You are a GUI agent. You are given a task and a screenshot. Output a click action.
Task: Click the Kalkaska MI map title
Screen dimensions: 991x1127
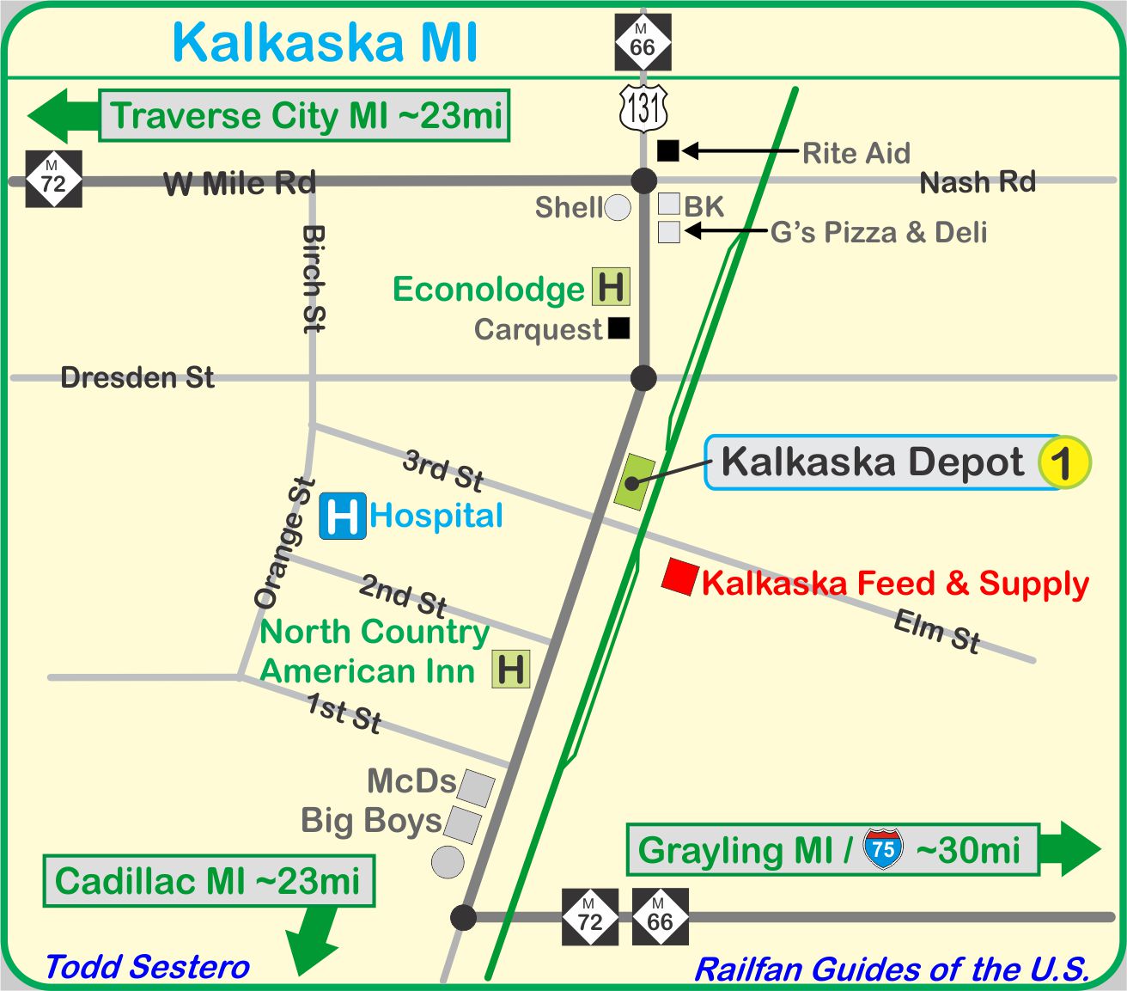coord(325,42)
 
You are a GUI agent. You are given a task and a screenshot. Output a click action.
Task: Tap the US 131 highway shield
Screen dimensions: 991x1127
coord(643,108)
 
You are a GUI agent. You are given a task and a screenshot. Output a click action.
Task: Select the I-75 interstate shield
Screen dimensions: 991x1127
coord(883,849)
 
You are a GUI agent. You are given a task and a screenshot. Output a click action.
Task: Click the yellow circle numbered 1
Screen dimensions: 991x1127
coord(1063,462)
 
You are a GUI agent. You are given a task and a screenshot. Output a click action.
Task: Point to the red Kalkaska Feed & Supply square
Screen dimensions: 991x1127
coord(679,577)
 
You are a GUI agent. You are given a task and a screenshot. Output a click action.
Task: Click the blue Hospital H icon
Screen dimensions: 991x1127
coord(343,516)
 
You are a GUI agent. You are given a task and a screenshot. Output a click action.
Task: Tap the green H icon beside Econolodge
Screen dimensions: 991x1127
coord(611,287)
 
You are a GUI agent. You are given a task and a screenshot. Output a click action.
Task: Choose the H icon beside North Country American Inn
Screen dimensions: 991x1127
coord(510,669)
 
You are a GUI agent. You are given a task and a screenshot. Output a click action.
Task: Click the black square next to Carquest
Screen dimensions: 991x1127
coord(619,327)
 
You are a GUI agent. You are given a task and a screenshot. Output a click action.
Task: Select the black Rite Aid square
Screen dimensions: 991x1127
coord(667,151)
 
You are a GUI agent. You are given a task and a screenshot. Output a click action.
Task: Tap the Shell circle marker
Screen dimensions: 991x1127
coord(618,207)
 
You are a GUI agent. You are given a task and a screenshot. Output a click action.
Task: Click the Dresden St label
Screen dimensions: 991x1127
coord(137,377)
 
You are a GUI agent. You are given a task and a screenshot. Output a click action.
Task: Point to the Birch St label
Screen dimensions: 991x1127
coord(314,278)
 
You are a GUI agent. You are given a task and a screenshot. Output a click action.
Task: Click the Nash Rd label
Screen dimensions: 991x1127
coord(978,182)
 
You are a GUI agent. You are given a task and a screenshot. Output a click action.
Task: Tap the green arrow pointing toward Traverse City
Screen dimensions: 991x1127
coord(63,115)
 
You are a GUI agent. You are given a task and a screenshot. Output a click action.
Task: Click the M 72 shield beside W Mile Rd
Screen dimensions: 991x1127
coord(53,179)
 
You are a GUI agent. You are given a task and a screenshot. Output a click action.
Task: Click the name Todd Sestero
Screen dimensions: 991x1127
coord(147,967)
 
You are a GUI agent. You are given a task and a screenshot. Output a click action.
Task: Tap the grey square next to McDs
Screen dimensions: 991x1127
coord(475,787)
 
